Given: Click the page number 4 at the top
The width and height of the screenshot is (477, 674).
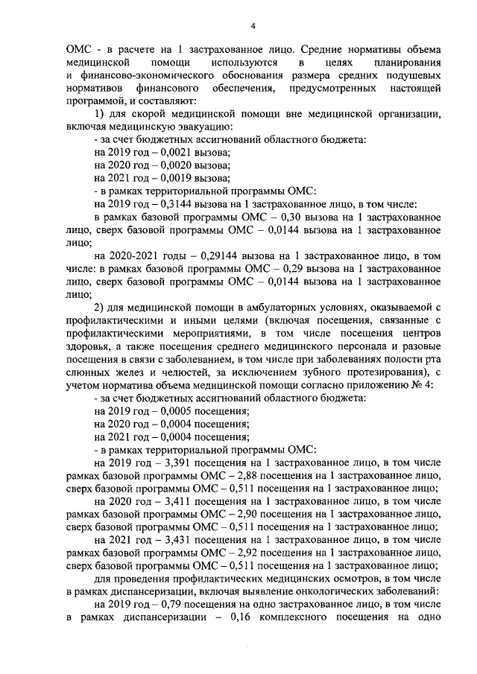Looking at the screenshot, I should coord(253,28).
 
